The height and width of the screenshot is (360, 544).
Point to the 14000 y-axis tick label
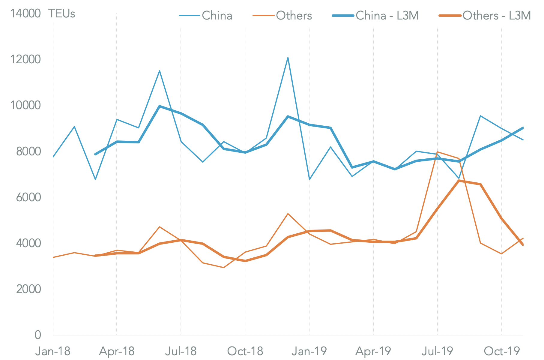25,13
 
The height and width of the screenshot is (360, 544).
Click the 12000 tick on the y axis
25,59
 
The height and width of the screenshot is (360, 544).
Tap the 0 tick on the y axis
38,335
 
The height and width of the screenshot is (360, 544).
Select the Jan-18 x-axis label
53,351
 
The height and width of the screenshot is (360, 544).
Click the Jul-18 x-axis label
181,351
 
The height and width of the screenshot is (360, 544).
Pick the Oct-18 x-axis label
245,351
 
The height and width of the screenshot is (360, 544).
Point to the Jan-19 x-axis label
309,351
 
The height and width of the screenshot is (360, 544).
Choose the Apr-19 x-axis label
373,351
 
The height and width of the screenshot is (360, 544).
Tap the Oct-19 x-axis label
502,351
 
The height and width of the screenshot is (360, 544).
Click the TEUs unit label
62,13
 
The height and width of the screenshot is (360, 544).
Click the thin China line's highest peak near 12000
288,58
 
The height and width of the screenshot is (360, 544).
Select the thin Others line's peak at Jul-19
438,152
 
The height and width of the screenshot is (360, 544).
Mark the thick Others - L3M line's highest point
459,181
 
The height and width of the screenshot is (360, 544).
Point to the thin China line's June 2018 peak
160,71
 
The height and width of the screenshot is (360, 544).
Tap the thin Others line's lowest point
224,268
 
